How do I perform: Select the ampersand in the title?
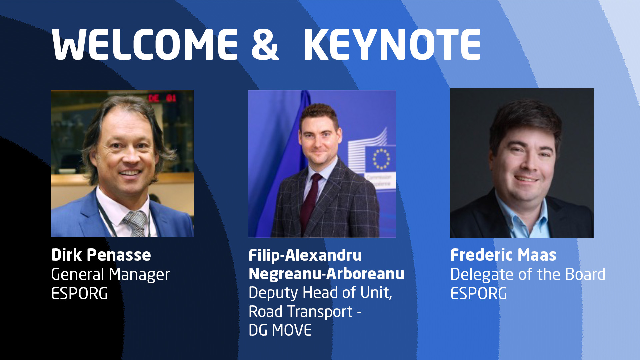click(265, 44)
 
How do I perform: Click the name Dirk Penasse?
click(101, 255)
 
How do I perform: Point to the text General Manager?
click(110, 275)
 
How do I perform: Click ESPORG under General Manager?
click(79, 294)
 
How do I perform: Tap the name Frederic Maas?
click(503, 255)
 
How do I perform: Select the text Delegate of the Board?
click(528, 274)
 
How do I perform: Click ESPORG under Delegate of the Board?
click(479, 294)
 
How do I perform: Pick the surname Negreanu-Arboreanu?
click(326, 274)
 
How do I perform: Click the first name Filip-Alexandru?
click(305, 255)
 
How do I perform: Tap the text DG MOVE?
click(280, 330)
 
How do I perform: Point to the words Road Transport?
click(301, 312)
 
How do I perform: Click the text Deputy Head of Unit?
click(320, 293)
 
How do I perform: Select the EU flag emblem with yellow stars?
click(381, 159)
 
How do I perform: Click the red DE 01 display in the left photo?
click(162, 98)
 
